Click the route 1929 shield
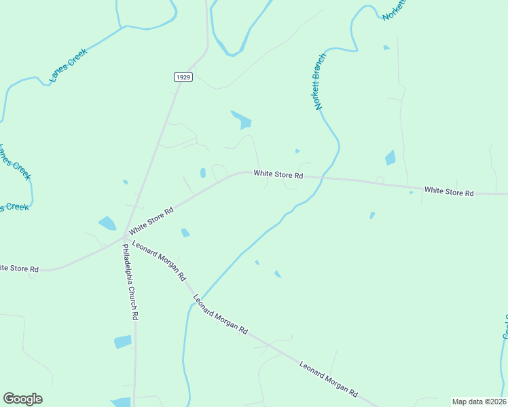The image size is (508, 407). pyautogui.click(x=183, y=77)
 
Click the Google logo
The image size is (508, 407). pyautogui.click(x=22, y=399)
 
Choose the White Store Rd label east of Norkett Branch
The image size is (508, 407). pyautogui.click(x=449, y=192)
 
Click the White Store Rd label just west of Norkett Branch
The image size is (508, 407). pyautogui.click(x=278, y=174)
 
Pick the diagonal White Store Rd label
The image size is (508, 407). pyautogui.click(x=151, y=220)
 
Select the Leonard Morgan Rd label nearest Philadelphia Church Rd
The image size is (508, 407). pyautogui.click(x=159, y=261)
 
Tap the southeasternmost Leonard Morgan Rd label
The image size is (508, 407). pyautogui.click(x=329, y=379)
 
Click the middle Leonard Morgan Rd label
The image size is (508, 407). pyautogui.click(x=220, y=313)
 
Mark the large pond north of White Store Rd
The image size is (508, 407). pyautogui.click(x=242, y=120)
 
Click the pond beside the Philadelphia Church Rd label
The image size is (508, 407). pyautogui.click(x=123, y=341)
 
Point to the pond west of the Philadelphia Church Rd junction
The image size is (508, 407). pyautogui.click(x=107, y=222)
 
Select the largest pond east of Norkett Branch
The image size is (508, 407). pyautogui.click(x=391, y=158)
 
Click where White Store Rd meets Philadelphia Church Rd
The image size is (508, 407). pyautogui.click(x=124, y=237)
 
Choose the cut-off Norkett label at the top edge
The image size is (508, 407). pyautogui.click(x=394, y=9)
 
